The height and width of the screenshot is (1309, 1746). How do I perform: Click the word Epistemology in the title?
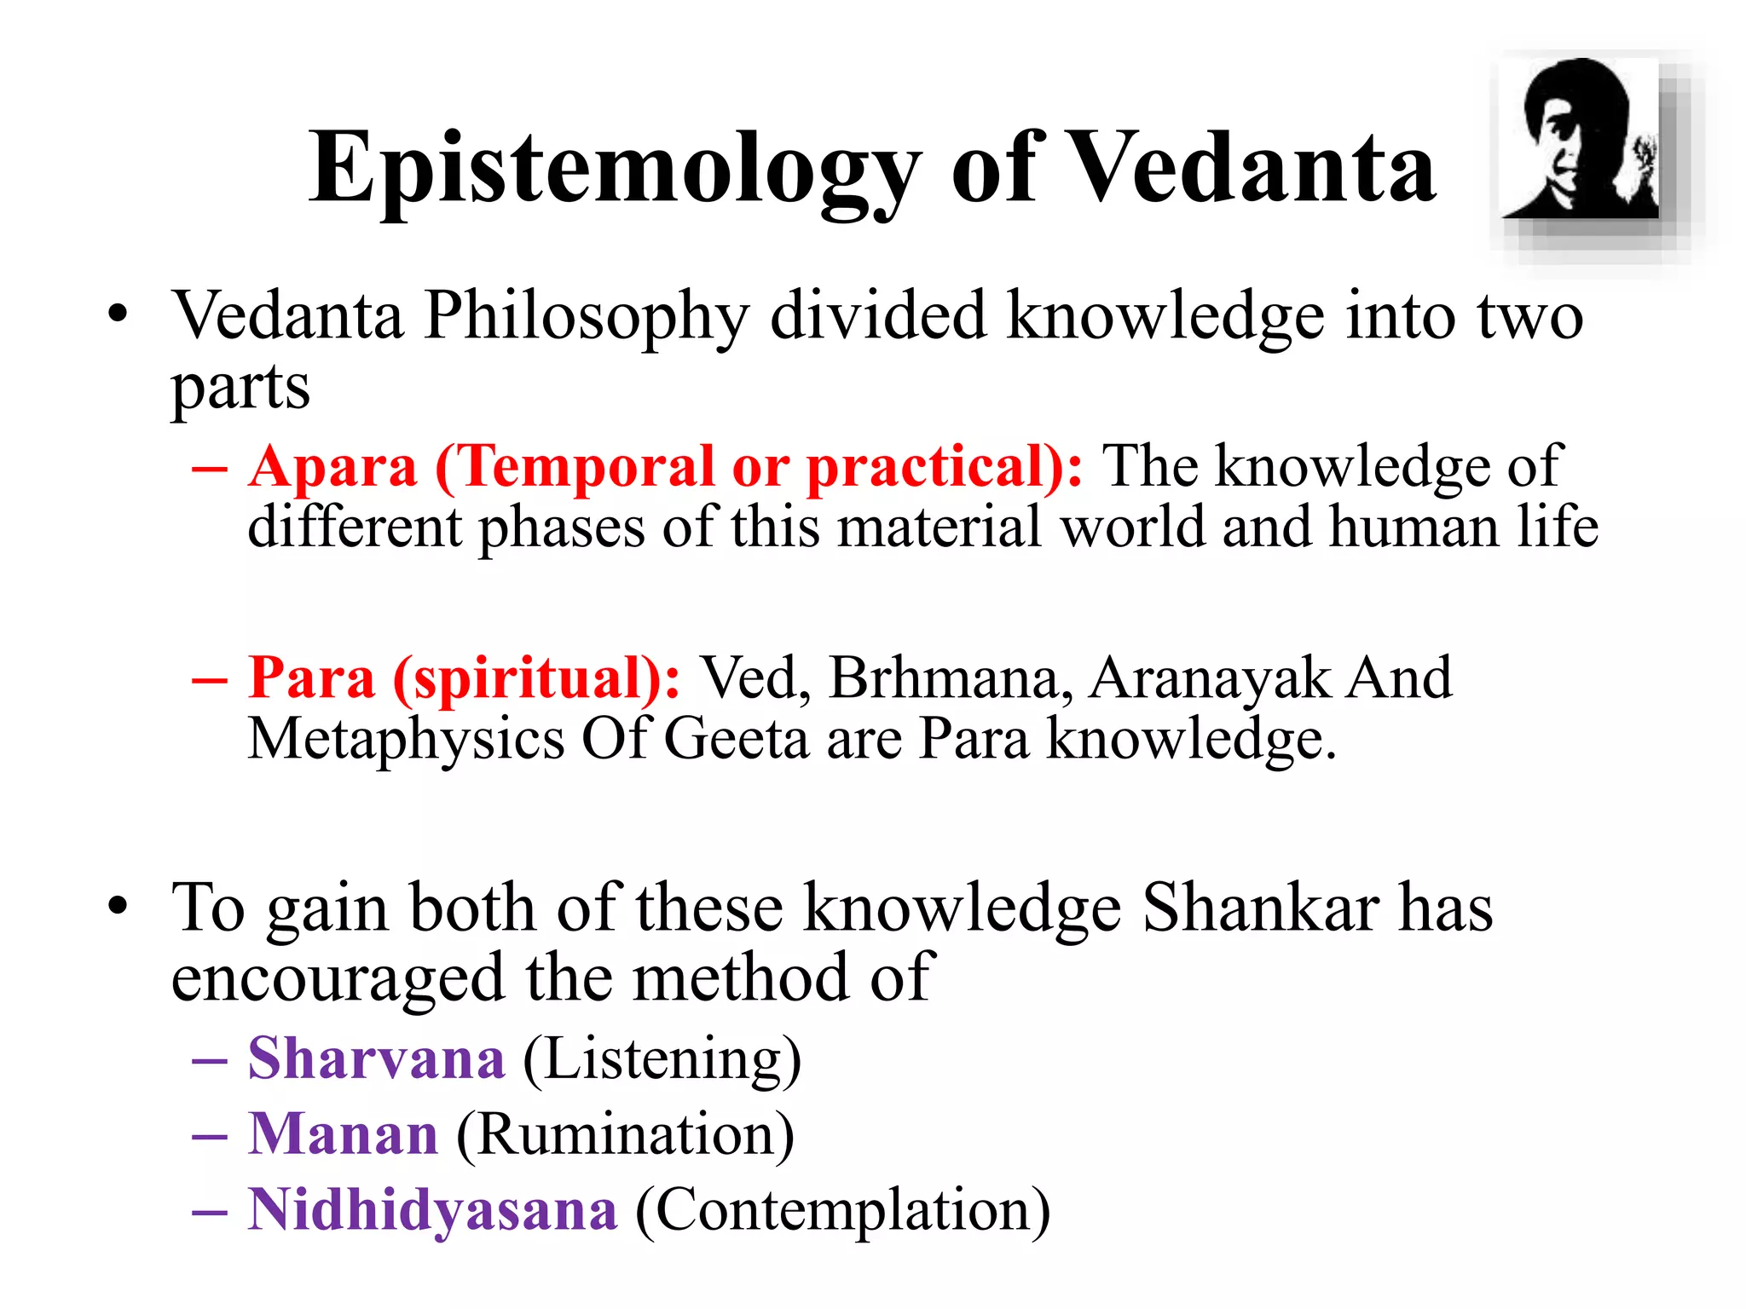click(x=614, y=170)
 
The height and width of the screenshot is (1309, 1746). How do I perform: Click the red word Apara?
click(x=333, y=468)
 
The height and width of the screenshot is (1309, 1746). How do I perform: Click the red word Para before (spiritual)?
click(x=311, y=679)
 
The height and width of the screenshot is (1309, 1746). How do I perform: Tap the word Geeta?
click(x=735, y=739)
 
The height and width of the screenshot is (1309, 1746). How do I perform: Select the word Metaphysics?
click(x=406, y=739)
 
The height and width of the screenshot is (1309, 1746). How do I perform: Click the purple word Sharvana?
click(x=376, y=1059)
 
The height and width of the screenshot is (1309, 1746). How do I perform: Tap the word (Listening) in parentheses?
click(x=662, y=1059)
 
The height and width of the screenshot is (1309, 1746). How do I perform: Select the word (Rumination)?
click(x=625, y=1135)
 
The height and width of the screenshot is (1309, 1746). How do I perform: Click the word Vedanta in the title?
click(x=1250, y=170)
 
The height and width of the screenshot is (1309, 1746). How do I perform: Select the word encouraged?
click(x=338, y=979)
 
